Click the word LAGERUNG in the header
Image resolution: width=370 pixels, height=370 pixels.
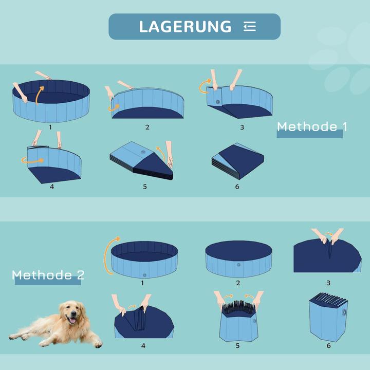click(x=185, y=27)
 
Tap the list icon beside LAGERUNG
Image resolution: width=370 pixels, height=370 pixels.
click(x=250, y=27)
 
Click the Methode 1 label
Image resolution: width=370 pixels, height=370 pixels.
click(x=311, y=126)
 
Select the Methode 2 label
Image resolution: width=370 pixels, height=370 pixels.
click(x=49, y=275)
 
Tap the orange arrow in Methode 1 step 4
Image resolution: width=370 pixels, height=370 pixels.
click(x=32, y=160)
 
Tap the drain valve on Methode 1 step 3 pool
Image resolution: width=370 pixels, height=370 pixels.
click(x=218, y=102)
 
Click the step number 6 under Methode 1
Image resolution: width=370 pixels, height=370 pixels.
click(x=237, y=187)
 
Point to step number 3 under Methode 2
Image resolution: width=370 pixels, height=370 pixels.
click(x=328, y=283)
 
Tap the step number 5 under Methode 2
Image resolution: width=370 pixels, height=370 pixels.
click(x=237, y=346)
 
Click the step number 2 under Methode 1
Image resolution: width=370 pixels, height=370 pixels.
click(x=147, y=127)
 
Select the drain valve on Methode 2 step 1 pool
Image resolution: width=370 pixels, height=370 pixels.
click(x=144, y=274)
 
